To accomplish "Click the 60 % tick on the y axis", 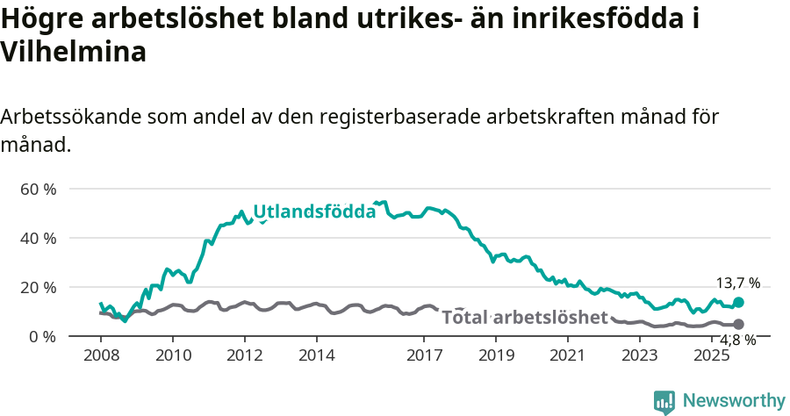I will click(x=38, y=189).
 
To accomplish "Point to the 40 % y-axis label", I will click(x=38, y=238).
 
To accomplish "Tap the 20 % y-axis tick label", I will click(x=38, y=287).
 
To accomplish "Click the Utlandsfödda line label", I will click(x=314, y=212).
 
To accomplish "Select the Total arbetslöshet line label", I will click(x=524, y=317).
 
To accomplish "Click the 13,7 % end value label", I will click(x=738, y=283).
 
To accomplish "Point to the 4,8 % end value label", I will click(x=738, y=341).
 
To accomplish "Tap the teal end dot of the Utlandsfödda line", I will click(x=738, y=302).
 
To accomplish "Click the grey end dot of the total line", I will click(x=738, y=325).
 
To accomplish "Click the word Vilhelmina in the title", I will click(x=73, y=52).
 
